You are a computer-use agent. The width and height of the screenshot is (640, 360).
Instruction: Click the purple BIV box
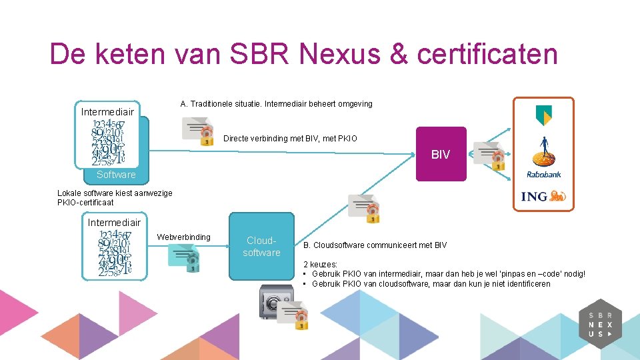pyautogui.click(x=441, y=154)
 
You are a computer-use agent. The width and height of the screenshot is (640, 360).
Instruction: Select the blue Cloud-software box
pyautogui.click(x=261, y=246)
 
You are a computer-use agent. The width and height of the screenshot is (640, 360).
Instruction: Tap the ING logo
pyautogui.click(x=543, y=196)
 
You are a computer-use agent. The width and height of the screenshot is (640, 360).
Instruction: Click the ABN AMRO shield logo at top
pyautogui.click(x=543, y=115)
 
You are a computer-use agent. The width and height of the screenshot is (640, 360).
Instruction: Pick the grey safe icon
pyautogui.click(x=275, y=304)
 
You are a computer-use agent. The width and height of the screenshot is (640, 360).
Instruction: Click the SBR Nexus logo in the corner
pyautogui.click(x=604, y=325)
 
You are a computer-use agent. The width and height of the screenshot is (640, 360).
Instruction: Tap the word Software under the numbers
pyautogui.click(x=116, y=175)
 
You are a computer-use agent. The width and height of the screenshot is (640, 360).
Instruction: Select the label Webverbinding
pyautogui.click(x=183, y=237)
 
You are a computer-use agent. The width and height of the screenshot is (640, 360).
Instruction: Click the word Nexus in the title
pyautogui.click(x=347, y=54)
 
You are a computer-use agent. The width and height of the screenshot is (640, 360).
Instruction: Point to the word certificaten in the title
pyautogui.click(x=487, y=54)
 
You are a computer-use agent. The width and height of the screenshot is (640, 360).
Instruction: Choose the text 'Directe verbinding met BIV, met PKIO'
pyautogui.click(x=290, y=139)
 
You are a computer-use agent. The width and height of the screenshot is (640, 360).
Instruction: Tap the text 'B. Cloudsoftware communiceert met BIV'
pyautogui.click(x=375, y=245)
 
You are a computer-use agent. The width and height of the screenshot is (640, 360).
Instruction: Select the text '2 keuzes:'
pyautogui.click(x=320, y=264)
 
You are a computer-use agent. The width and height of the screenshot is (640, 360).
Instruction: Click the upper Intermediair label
pyautogui.click(x=107, y=111)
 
